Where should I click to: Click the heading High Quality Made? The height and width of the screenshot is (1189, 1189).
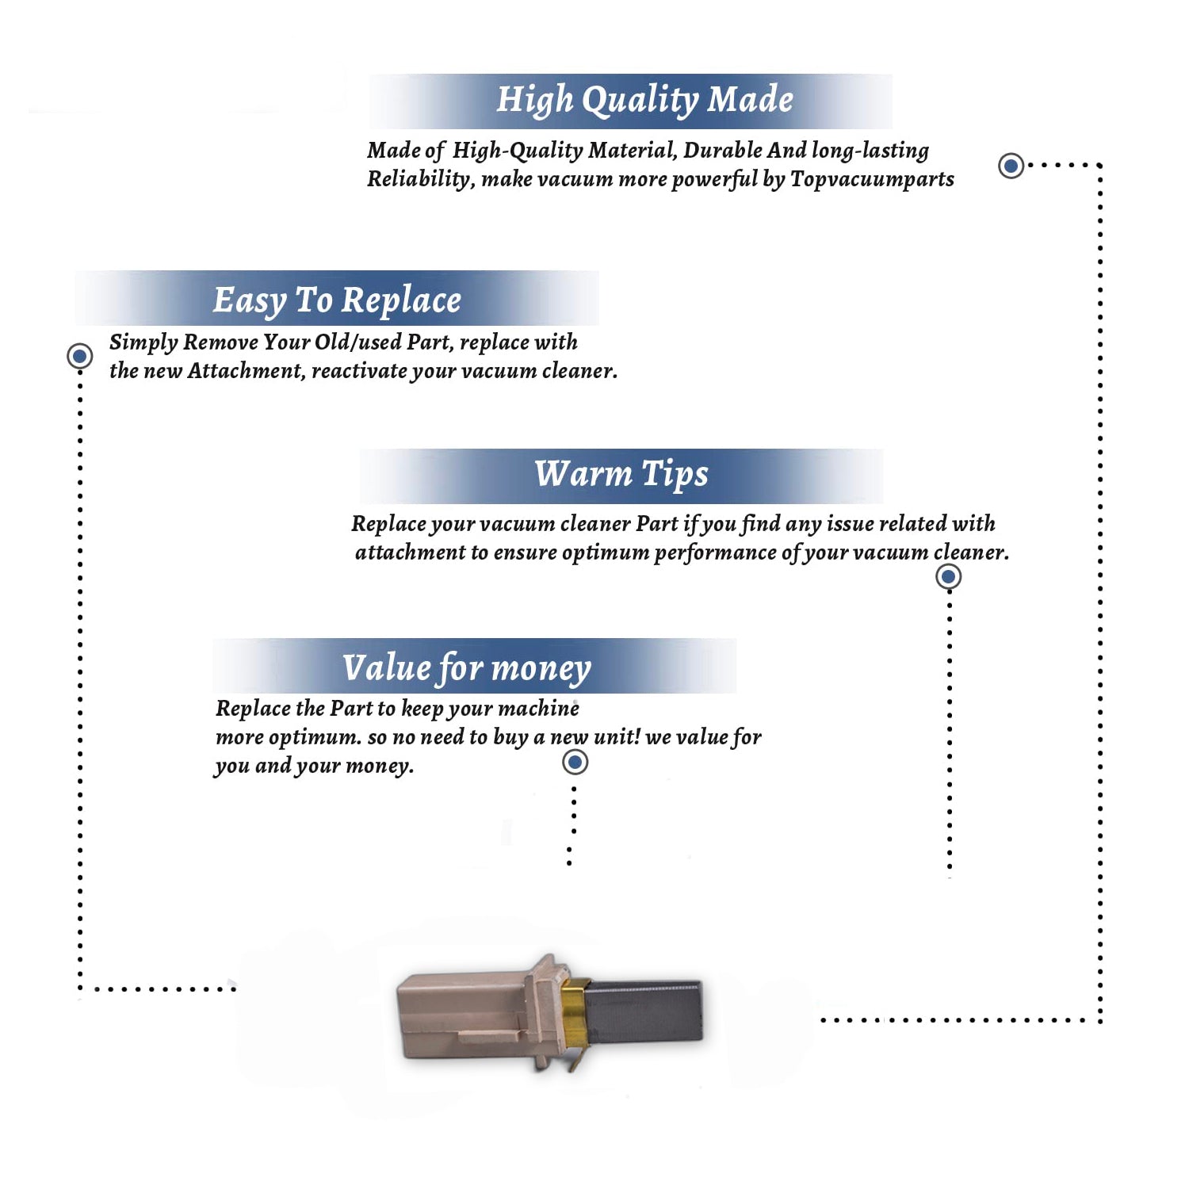tap(644, 101)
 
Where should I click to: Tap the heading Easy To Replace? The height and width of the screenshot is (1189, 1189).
tap(337, 301)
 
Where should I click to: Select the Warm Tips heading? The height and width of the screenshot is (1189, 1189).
tap(621, 475)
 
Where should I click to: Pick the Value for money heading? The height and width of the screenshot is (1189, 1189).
tap(466, 667)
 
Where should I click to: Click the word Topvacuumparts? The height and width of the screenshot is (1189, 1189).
tap(872, 180)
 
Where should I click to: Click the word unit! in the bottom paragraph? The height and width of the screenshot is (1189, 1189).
tap(617, 736)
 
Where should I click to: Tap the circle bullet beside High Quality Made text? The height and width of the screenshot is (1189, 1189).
tap(1011, 166)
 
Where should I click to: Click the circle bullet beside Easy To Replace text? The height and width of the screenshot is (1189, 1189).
tap(79, 356)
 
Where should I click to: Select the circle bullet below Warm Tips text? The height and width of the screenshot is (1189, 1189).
tap(948, 576)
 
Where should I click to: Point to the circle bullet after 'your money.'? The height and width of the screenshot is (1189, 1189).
tap(575, 763)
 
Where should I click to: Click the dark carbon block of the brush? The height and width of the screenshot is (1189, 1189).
tap(644, 1013)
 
